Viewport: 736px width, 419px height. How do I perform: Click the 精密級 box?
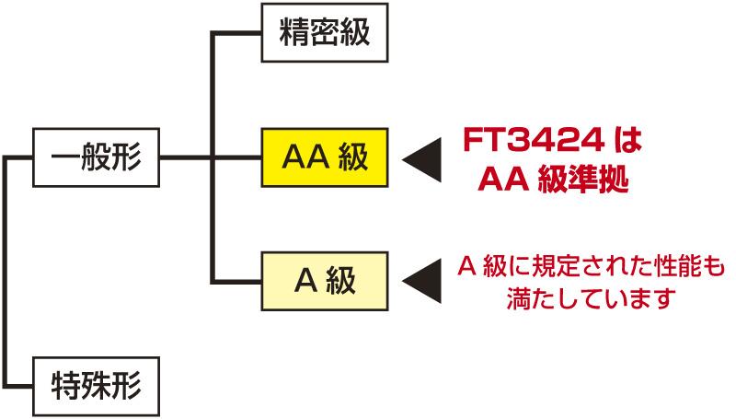point(324,34)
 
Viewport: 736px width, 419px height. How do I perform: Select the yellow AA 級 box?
point(324,157)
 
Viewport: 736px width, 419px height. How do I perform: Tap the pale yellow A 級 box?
point(324,280)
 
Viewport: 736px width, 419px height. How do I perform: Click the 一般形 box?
point(96,157)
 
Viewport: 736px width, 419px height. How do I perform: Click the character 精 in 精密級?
point(294,34)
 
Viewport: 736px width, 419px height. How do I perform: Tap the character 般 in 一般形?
point(96,157)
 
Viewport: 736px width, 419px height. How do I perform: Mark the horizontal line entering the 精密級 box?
point(237,34)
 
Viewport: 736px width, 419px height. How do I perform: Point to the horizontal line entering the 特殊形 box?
point(20,380)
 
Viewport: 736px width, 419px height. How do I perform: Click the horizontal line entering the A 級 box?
point(237,280)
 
